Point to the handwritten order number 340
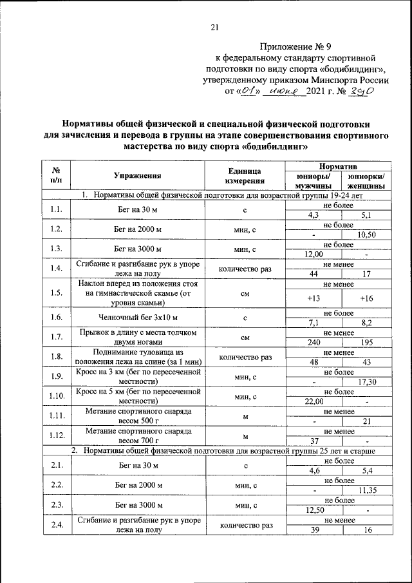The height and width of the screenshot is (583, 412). (x=360, y=92)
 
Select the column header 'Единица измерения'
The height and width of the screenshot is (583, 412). (x=245, y=175)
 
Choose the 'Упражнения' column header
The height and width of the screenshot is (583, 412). (x=137, y=175)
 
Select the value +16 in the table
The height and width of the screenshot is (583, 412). (x=366, y=298)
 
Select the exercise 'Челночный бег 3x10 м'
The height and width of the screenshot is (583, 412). (x=137, y=318)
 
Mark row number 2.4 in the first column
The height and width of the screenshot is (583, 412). (x=55, y=525)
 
